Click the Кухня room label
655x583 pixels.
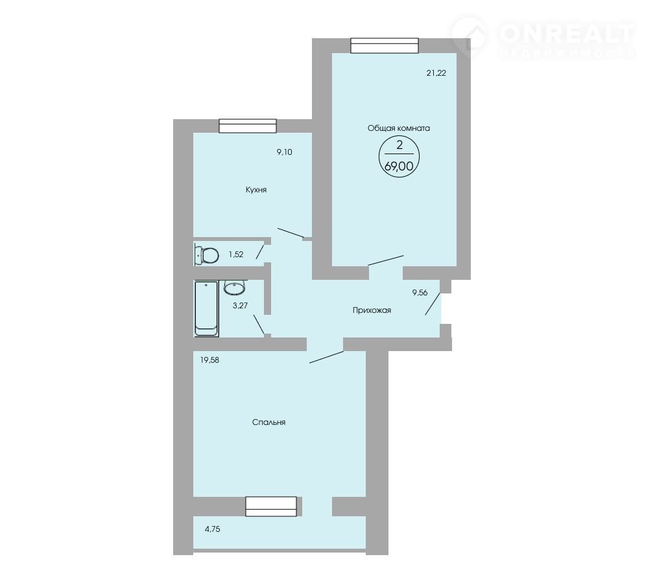(x=256, y=190)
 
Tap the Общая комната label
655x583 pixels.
(x=399, y=128)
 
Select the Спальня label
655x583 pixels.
(x=268, y=422)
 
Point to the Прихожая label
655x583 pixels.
(x=372, y=310)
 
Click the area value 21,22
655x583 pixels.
(x=436, y=73)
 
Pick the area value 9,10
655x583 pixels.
(x=285, y=152)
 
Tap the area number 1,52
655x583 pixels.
(x=236, y=254)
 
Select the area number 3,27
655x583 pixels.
(x=240, y=306)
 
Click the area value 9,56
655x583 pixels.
(x=420, y=293)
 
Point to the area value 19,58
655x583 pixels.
(x=209, y=360)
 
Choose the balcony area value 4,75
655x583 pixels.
(x=212, y=529)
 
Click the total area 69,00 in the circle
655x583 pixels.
(x=399, y=166)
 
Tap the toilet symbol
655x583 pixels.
(x=207, y=255)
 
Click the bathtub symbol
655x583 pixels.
(x=206, y=308)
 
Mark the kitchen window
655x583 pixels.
(x=248, y=126)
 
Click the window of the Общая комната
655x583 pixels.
(x=385, y=45)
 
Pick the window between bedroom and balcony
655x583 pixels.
(x=271, y=507)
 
